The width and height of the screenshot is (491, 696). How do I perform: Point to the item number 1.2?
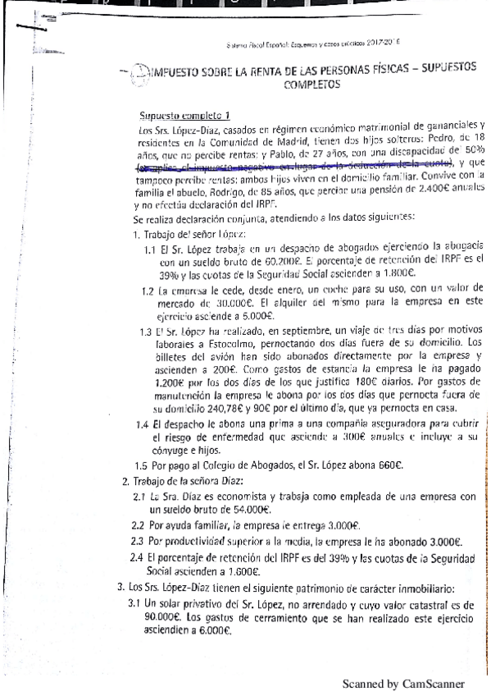pos(148,290)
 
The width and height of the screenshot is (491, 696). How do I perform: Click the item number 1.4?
pos(143,424)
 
